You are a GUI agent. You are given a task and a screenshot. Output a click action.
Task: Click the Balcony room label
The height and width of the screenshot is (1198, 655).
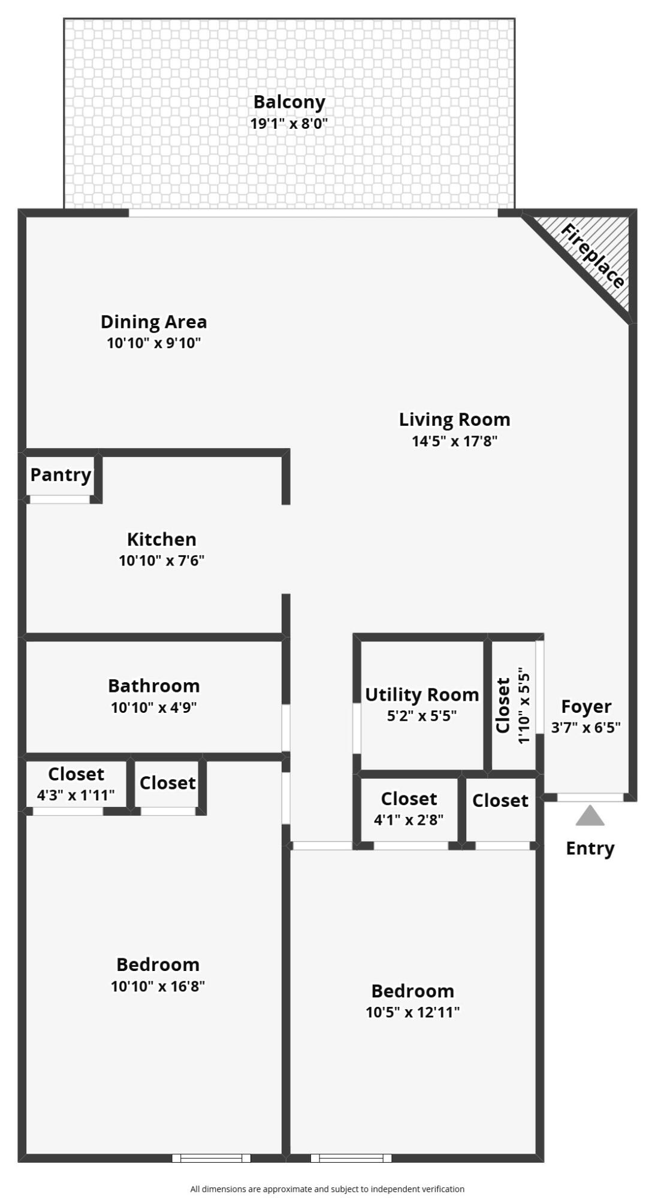(x=289, y=102)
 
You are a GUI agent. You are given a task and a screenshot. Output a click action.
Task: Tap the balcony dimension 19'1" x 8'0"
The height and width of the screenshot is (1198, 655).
(x=289, y=124)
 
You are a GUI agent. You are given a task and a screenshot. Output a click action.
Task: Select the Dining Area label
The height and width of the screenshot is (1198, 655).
(x=153, y=322)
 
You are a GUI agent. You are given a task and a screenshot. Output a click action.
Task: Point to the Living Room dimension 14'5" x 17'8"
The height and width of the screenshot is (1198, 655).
(x=454, y=441)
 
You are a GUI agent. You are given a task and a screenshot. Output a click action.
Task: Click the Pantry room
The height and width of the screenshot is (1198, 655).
(x=60, y=475)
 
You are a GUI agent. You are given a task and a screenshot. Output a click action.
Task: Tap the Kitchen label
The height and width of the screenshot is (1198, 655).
(x=161, y=539)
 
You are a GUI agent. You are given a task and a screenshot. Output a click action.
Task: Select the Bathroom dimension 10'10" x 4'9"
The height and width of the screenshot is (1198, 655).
(x=153, y=707)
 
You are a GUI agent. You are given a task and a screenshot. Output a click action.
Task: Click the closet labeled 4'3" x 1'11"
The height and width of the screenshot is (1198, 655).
(x=76, y=785)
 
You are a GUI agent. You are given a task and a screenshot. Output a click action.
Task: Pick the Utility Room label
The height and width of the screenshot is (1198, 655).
(x=422, y=695)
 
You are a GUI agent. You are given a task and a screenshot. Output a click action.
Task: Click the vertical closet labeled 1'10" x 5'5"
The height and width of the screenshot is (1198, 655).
(x=513, y=705)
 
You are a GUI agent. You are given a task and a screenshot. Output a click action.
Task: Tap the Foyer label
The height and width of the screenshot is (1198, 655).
(x=585, y=707)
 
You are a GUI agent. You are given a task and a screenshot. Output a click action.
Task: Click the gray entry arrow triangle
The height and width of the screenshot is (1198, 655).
(x=590, y=816)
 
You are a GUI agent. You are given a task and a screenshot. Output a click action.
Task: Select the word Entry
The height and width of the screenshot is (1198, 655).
(x=590, y=848)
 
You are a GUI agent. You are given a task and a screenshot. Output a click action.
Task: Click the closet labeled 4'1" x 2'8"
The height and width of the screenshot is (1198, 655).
(x=409, y=809)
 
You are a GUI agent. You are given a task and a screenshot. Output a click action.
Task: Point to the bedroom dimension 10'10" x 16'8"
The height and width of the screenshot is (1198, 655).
(x=158, y=986)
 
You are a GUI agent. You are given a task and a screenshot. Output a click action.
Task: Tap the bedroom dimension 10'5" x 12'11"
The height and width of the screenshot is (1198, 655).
(x=412, y=1012)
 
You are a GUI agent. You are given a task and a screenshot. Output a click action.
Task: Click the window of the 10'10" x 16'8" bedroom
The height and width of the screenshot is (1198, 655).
(x=211, y=1158)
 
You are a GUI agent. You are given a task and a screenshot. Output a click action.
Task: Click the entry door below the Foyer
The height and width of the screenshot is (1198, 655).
(x=590, y=797)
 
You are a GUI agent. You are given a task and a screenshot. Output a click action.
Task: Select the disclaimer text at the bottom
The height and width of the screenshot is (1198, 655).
(x=327, y=1189)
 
